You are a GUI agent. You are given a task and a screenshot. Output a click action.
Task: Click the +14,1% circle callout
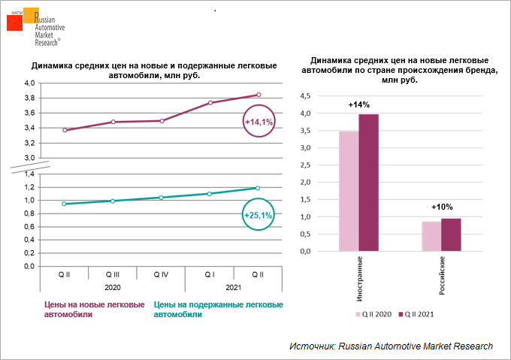point(259,121)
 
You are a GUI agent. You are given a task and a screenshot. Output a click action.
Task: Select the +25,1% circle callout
point(259,215)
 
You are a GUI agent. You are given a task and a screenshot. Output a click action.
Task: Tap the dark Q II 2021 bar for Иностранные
point(368,183)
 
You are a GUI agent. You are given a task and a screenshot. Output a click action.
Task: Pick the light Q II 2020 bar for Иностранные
point(349,191)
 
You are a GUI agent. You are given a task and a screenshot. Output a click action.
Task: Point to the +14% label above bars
point(358,104)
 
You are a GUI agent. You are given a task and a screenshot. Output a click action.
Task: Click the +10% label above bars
point(441,207)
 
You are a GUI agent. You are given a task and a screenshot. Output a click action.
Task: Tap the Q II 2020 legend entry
point(373,314)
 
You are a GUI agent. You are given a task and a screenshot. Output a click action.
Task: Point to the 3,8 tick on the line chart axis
point(30,98)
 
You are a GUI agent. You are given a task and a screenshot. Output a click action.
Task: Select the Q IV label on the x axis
point(161,275)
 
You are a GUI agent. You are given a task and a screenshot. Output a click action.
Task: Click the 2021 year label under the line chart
point(233,286)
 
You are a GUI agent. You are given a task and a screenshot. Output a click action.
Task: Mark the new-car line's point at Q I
point(210,103)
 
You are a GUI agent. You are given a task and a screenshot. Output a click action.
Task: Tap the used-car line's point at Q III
point(112,201)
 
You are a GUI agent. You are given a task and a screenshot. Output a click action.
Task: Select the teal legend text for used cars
point(218,310)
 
